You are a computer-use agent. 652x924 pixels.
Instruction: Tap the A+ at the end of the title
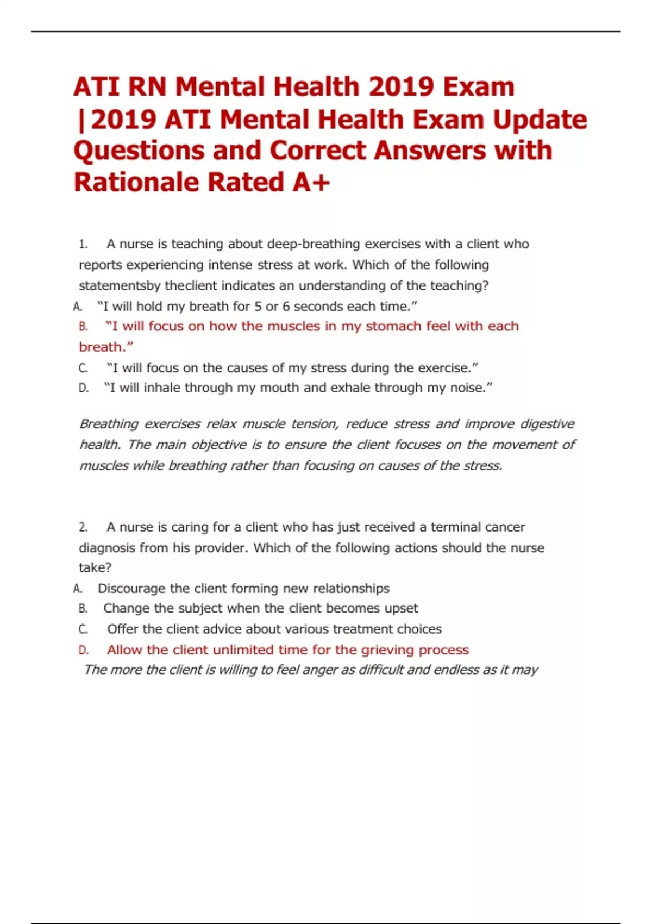(x=311, y=182)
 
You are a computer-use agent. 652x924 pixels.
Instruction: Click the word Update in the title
(x=540, y=120)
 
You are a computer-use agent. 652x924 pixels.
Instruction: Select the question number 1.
(x=83, y=245)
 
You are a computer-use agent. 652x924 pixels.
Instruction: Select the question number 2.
(x=83, y=527)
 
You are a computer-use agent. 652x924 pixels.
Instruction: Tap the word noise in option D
(x=466, y=388)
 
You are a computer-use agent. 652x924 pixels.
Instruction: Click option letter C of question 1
(x=83, y=369)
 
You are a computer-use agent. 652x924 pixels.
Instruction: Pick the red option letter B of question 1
(x=83, y=327)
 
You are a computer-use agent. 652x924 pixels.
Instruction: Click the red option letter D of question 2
(x=83, y=650)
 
